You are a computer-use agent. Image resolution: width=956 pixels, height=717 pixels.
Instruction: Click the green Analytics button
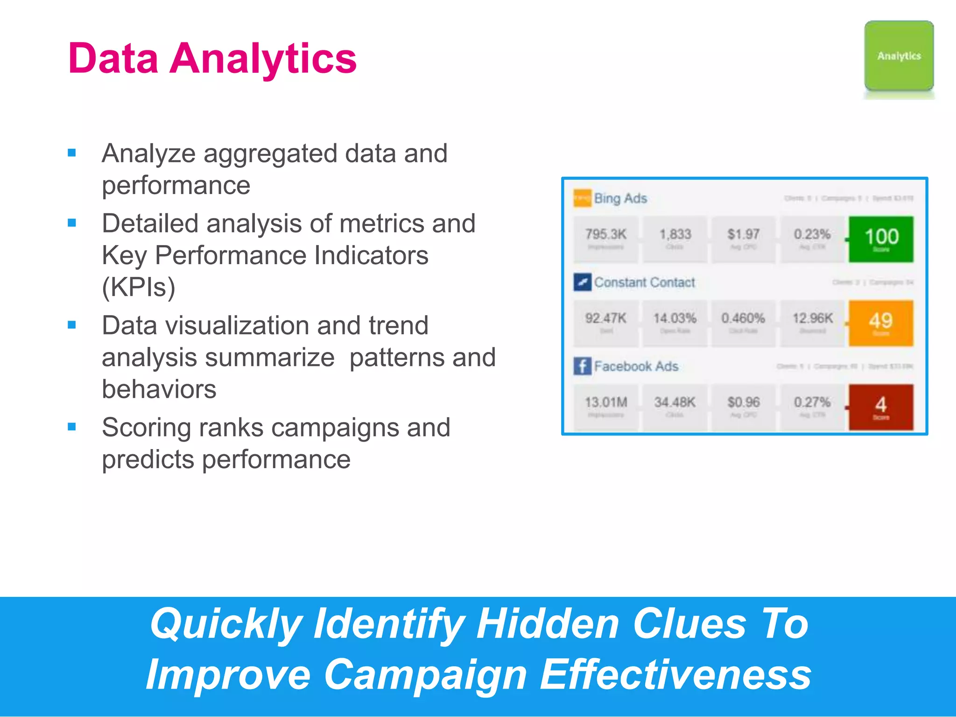pyautogui.click(x=899, y=56)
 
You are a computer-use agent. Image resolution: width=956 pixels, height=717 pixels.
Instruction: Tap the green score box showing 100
pyautogui.click(x=881, y=239)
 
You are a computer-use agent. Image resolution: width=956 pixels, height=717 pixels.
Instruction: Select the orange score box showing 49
pyautogui.click(x=881, y=323)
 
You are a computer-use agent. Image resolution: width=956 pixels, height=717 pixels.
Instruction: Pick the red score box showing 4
pyautogui.click(x=881, y=407)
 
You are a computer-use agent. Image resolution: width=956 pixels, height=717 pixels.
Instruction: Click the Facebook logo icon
pyautogui.click(x=582, y=366)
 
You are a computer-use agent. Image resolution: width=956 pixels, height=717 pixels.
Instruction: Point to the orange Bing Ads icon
pyautogui.click(x=582, y=198)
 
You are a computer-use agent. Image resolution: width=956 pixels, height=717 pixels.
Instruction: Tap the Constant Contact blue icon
pyautogui.click(x=582, y=282)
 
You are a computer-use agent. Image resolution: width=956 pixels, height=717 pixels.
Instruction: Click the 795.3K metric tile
pyautogui.click(x=606, y=239)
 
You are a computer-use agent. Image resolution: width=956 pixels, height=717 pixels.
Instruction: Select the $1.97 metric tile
pyautogui.click(x=744, y=239)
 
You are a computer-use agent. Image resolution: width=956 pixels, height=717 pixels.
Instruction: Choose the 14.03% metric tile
pyautogui.click(x=675, y=323)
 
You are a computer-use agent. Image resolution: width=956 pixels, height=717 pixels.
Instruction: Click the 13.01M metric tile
pyautogui.click(x=606, y=407)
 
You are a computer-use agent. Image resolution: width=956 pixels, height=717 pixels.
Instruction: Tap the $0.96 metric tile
pyautogui.click(x=744, y=407)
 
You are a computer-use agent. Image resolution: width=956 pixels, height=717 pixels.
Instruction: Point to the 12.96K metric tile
pyautogui.click(x=813, y=323)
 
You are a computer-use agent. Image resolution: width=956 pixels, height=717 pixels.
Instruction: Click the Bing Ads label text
pyautogui.click(x=620, y=198)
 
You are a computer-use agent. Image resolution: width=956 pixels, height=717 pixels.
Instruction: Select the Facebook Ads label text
pyautogui.click(x=636, y=366)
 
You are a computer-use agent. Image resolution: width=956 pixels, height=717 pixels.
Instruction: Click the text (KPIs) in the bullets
pyautogui.click(x=139, y=287)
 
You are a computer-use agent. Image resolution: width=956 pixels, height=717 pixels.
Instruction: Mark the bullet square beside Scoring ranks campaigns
pyautogui.click(x=72, y=427)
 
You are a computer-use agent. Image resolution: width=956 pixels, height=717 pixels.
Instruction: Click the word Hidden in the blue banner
pyautogui.click(x=548, y=624)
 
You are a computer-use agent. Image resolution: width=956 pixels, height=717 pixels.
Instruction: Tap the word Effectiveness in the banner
pyautogui.click(x=675, y=675)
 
